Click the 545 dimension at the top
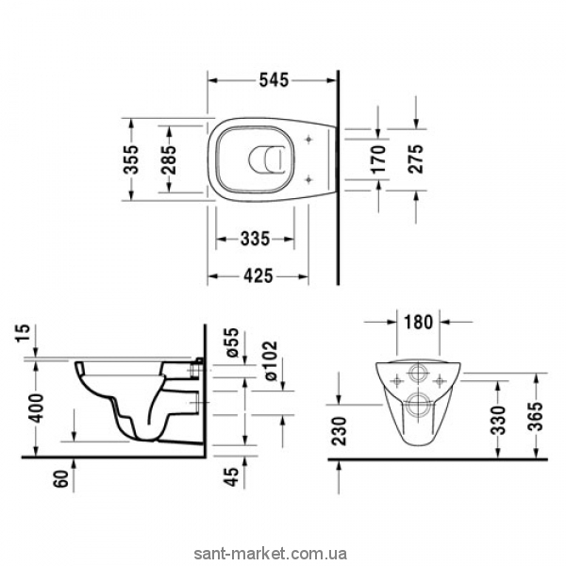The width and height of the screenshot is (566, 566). (274, 80)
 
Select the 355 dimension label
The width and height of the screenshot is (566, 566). (131, 159)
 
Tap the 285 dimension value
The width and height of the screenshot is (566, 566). (168, 159)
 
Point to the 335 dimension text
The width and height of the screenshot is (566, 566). (256, 239)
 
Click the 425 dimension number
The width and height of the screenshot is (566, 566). (258, 276)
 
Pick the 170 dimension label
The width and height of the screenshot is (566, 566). (379, 159)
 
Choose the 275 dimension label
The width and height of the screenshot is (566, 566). (416, 159)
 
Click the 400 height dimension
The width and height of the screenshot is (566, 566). (36, 408)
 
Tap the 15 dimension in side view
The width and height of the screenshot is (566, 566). (22, 334)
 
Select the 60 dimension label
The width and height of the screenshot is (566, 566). (61, 478)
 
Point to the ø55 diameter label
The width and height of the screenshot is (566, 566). (232, 342)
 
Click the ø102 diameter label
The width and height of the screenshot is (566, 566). (270, 360)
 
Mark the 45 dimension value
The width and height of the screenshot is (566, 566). (232, 476)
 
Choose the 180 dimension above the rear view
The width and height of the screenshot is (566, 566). (418, 322)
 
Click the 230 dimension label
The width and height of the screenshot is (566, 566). (339, 431)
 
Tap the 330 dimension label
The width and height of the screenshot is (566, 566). (500, 420)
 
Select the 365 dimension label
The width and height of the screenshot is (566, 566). (538, 416)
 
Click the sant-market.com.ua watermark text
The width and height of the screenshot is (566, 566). (271, 554)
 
